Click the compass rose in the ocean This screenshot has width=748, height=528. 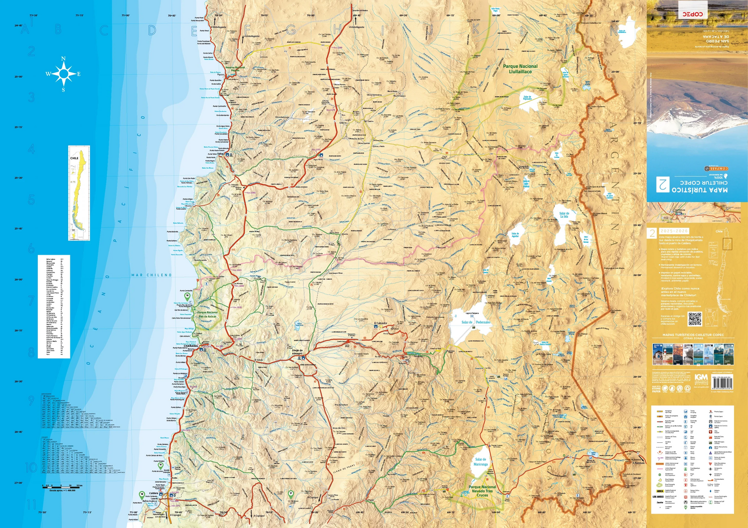click(x=63, y=74)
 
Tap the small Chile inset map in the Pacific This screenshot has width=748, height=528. click(x=79, y=193)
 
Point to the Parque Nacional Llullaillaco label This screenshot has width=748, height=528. click(x=520, y=69)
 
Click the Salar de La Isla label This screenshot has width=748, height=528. click(x=564, y=215)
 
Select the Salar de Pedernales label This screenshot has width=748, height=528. click(x=476, y=322)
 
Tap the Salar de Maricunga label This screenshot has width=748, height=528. click(x=481, y=462)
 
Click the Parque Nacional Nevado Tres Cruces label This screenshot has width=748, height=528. click(x=482, y=491)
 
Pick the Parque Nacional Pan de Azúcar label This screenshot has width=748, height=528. click(x=207, y=315)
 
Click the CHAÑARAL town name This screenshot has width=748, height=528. click(x=191, y=346)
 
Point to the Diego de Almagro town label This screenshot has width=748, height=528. click(x=297, y=352)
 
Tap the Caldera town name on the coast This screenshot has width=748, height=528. click(x=154, y=493)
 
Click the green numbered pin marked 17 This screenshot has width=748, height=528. click(x=291, y=494)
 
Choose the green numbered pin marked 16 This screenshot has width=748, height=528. click(x=187, y=296)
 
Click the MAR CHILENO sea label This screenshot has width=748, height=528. click(x=152, y=275)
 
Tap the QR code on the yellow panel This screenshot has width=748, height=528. click(x=695, y=319)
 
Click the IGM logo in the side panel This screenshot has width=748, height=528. click(x=701, y=377)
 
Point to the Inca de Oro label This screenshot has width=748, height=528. click(x=339, y=428)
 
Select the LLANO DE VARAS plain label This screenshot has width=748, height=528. click(x=344, y=468)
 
